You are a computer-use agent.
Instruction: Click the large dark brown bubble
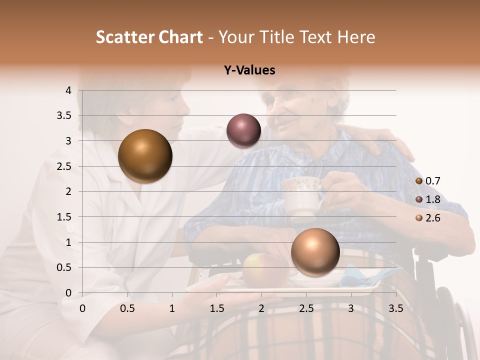click(x=145, y=156)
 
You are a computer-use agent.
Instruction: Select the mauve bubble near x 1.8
click(x=243, y=130)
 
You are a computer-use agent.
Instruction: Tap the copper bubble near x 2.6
click(x=315, y=252)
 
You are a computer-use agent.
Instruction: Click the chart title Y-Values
click(x=249, y=70)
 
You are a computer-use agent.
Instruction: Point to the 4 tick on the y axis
click(x=69, y=90)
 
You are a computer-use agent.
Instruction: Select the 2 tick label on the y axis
click(x=69, y=191)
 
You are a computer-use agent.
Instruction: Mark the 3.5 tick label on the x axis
click(x=396, y=308)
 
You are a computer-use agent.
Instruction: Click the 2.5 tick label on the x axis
click(x=306, y=308)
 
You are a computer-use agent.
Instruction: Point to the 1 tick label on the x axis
click(x=172, y=308)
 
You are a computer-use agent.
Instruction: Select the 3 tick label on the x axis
click(x=351, y=308)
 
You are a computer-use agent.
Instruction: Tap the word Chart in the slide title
click(x=180, y=37)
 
